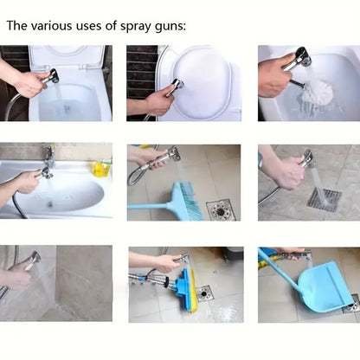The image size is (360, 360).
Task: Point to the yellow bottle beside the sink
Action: click(101, 168)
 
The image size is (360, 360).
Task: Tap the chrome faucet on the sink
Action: click(50, 156)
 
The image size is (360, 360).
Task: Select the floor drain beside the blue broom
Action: click(220, 209)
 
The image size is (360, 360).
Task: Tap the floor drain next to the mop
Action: click(203, 293)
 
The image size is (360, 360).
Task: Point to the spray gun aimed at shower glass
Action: click(32, 260)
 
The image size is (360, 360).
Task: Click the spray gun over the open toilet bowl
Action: click(50, 78)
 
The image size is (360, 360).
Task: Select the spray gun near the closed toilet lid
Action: click(175, 86)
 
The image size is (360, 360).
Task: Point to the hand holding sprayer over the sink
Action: click(27, 182)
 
